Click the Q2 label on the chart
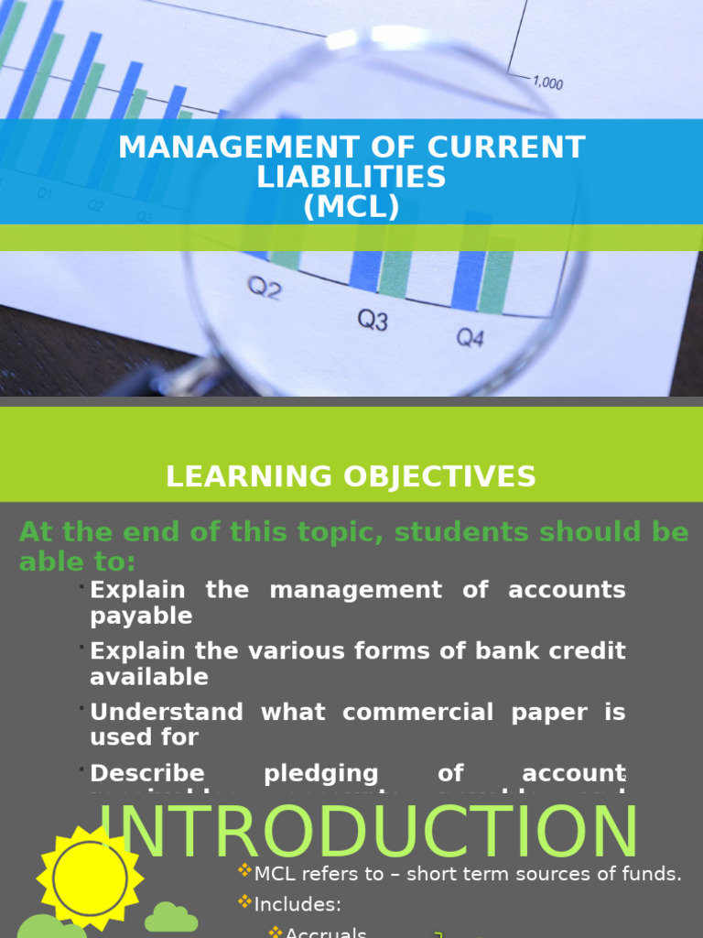pos(265,289)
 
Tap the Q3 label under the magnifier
pos(373,320)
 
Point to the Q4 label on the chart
pos(470,338)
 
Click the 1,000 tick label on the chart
pos(547,83)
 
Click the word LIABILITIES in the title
pos(351,177)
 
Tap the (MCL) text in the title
pos(351,207)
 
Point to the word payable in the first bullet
pos(141,616)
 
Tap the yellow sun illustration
pos(90,878)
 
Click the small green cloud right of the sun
pos(170,917)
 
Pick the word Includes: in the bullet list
pos(297,905)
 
